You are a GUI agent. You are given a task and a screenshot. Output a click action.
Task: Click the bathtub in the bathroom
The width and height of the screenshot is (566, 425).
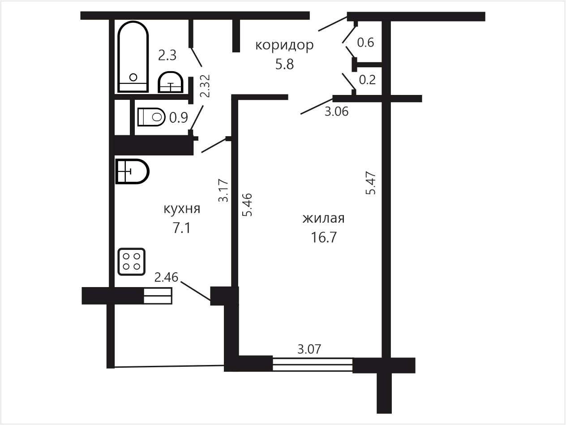133,57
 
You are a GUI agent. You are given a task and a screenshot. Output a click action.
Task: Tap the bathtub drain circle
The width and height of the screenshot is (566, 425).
133,77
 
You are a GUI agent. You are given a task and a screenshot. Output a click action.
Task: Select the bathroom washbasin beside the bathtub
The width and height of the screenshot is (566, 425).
171,82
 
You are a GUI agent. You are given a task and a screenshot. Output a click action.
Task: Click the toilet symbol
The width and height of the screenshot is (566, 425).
151,117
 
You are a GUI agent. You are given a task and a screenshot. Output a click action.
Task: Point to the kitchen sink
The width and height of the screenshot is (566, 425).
132,171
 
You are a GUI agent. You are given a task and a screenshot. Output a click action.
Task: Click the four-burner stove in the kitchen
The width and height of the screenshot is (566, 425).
132,262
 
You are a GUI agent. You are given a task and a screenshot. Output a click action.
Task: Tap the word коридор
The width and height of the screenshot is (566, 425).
284,45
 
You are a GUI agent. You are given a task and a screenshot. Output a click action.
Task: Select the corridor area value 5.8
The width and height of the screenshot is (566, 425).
284,64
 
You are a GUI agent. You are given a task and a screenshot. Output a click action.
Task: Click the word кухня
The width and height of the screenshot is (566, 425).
182,209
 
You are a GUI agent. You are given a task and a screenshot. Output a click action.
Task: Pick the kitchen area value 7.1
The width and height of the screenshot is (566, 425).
181,228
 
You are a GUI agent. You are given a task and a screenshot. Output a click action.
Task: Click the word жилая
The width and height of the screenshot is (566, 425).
323,219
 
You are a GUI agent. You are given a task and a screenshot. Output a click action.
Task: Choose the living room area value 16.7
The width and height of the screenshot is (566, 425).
324,237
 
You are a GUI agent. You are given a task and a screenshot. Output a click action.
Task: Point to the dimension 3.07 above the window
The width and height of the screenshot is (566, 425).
309,349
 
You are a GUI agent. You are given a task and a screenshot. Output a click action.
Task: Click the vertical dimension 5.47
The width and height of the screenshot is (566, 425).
371,183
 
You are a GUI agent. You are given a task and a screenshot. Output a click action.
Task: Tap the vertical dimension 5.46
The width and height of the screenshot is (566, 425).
247,205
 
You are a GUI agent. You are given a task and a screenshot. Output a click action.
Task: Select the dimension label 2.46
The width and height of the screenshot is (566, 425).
166,277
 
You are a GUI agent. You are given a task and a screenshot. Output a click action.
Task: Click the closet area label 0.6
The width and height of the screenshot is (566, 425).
365,42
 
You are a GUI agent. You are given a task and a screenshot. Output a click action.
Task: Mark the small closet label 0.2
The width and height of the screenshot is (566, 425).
367,80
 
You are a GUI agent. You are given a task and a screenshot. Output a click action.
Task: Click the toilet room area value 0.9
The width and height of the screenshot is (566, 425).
178,118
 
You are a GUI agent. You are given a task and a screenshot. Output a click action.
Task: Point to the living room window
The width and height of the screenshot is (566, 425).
313,365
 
